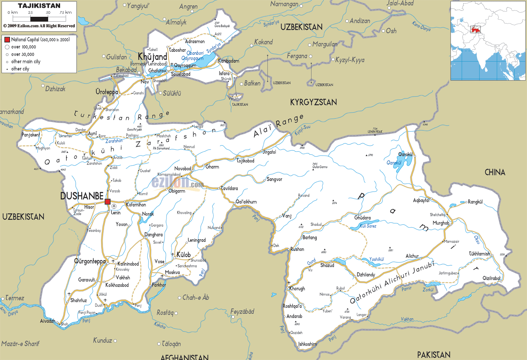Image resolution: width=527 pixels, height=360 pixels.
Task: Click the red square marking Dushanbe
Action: (x=107, y=202)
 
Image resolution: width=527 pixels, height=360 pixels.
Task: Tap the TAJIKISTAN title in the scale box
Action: (x=39, y=6)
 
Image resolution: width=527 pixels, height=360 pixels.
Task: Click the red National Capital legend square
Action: (x=7, y=40)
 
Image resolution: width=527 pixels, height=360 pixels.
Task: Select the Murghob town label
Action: (x=441, y=223)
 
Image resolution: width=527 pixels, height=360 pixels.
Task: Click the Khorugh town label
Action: (x=297, y=288)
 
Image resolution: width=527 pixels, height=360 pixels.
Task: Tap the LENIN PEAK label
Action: (x=375, y=132)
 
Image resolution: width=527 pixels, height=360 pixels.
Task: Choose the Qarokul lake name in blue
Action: (x=394, y=163)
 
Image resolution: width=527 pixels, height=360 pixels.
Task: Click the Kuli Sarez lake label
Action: (x=368, y=226)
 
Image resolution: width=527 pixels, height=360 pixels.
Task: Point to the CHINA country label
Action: (x=495, y=172)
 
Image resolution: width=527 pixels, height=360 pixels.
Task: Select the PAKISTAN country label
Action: (x=434, y=354)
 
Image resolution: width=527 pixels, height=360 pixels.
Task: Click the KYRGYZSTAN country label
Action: (x=314, y=102)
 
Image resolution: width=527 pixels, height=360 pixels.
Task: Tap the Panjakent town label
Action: (x=31, y=135)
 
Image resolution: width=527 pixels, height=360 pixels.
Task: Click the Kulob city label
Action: (x=183, y=255)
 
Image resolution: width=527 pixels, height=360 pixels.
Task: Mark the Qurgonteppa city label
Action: (x=90, y=261)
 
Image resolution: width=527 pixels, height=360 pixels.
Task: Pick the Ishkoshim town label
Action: (x=308, y=344)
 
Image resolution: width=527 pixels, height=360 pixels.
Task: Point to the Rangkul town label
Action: (x=475, y=202)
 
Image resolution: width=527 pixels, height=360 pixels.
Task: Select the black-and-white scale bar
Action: (x=39, y=19)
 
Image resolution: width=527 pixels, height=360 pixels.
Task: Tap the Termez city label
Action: (x=15, y=298)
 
